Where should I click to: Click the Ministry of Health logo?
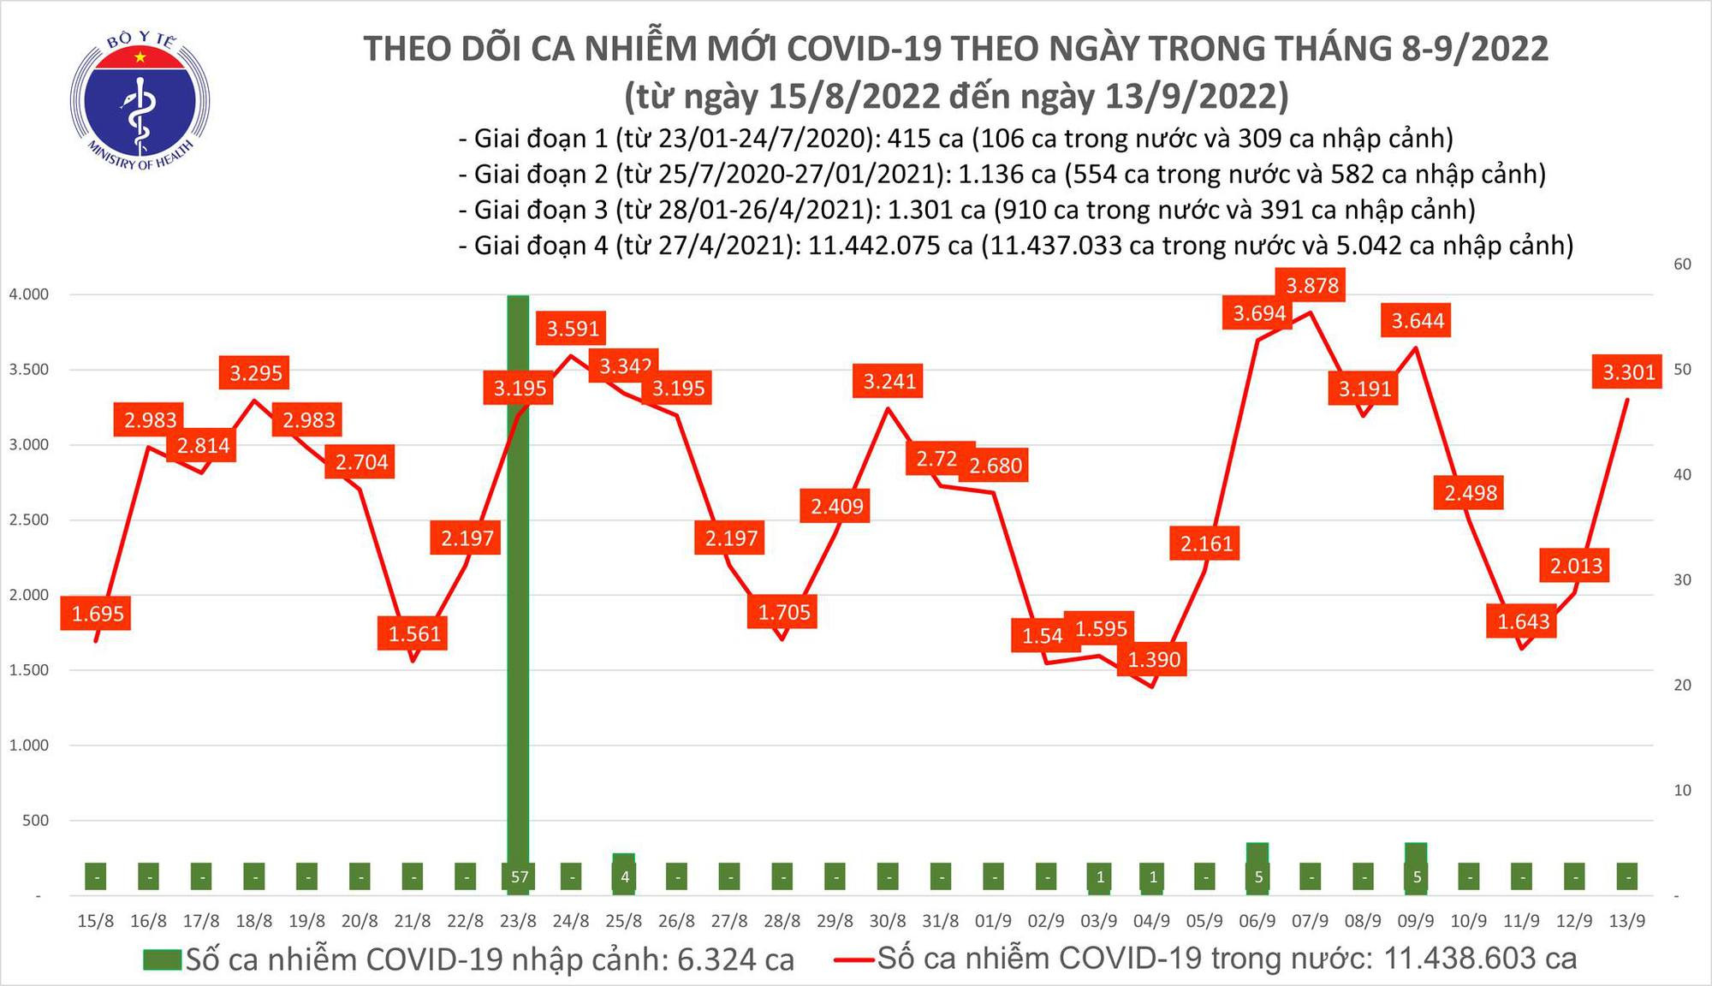point(139,101)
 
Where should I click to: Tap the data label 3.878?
point(1311,285)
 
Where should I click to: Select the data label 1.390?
point(1153,660)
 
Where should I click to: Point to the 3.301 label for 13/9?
point(1628,372)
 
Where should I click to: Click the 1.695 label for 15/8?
point(97,614)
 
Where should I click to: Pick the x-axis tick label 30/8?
point(888,922)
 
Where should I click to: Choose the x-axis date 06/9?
point(1257,922)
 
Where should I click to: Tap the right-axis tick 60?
point(1682,264)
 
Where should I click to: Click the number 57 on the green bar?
point(519,877)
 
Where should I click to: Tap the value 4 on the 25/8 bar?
point(624,877)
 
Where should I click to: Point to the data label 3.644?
point(1417,321)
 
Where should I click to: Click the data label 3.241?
point(889,381)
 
